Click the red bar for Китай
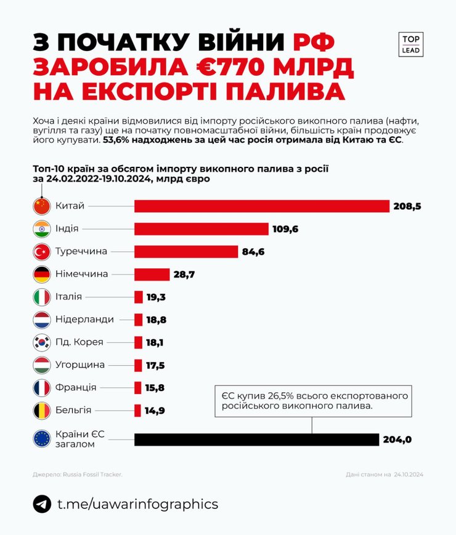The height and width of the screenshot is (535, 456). click(262, 206)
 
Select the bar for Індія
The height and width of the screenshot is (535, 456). click(202, 229)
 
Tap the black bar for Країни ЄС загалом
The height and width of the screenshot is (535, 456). click(256, 440)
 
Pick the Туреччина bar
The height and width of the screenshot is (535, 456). click(186, 252)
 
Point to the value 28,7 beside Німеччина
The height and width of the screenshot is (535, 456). click(184, 275)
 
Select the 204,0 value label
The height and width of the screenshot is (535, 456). click(398, 440)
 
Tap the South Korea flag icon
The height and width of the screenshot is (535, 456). click(41, 342)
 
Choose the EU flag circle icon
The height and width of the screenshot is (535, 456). click(41, 439)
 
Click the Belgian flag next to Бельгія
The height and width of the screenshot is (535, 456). click(41, 410)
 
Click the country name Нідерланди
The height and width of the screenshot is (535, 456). click(84, 320)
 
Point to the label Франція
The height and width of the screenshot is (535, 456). click(75, 388)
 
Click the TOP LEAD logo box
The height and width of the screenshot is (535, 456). click(411, 44)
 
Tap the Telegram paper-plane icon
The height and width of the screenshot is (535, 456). click(42, 504)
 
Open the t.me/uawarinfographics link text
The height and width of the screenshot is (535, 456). click(137, 504)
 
